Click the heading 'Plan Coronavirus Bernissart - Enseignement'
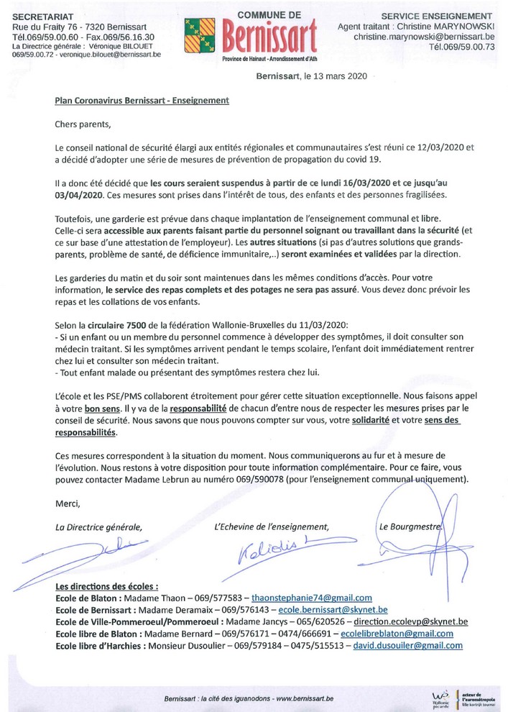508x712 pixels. (x=142, y=101)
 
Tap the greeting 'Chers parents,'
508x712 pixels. (x=84, y=124)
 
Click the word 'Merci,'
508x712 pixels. (x=68, y=503)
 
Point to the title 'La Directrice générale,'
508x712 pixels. (x=99, y=526)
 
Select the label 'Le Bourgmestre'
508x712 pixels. (x=410, y=526)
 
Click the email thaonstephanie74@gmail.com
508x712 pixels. (x=313, y=598)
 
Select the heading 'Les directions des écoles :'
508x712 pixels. (x=107, y=586)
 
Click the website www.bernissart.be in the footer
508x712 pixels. (x=305, y=698)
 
